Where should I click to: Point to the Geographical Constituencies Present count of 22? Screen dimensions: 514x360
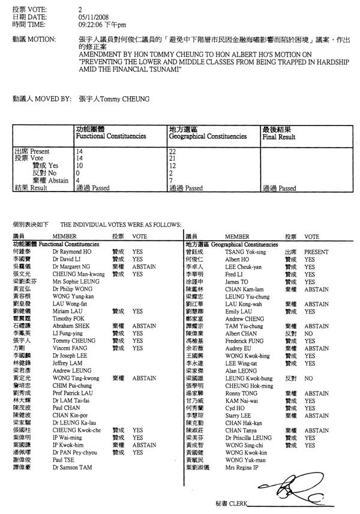(x=173, y=151)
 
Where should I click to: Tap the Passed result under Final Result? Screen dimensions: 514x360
(x=280, y=188)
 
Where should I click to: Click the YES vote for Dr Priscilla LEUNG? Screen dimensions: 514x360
(x=310, y=438)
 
